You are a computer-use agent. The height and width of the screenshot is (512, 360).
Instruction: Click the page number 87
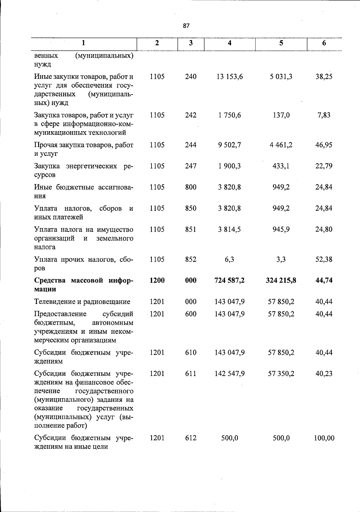pyautogui.click(x=186, y=26)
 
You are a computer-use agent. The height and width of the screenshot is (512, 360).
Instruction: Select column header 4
pyautogui.click(x=229, y=43)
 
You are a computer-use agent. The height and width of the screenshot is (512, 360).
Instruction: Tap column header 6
pyautogui.click(x=324, y=43)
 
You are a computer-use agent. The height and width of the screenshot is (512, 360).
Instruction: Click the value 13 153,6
pyautogui.click(x=229, y=77)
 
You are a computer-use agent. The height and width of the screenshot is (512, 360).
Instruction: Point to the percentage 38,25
pyautogui.click(x=324, y=77)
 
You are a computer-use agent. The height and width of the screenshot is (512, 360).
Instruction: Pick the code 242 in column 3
pyautogui.click(x=190, y=115)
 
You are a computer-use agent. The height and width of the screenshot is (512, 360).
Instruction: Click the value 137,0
pyautogui.click(x=281, y=115)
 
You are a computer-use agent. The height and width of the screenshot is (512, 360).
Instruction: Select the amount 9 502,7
pyautogui.click(x=229, y=145)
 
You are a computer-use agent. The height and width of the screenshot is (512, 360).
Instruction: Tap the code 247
pyautogui.click(x=190, y=166)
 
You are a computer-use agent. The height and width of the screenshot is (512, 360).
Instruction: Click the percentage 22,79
pyautogui.click(x=324, y=166)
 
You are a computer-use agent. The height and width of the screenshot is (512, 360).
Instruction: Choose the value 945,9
pyautogui.click(x=281, y=230)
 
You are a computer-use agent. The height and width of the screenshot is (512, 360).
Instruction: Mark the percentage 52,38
pyautogui.click(x=324, y=260)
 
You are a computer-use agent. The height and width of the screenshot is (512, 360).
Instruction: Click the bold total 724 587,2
pyautogui.click(x=229, y=281)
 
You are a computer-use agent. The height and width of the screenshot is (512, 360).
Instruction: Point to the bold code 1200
pyautogui.click(x=157, y=281)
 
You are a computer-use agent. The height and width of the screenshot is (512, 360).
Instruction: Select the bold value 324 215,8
pyautogui.click(x=281, y=281)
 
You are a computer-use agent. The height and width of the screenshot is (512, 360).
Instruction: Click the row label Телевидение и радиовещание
pyautogui.click(x=82, y=302)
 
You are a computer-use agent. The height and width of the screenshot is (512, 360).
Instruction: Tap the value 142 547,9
pyautogui.click(x=229, y=374)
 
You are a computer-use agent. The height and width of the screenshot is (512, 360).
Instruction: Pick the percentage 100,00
pyautogui.click(x=324, y=438)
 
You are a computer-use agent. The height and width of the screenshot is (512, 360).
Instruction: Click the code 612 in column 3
pyautogui.click(x=190, y=438)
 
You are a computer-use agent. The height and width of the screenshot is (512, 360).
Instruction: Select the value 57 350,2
pyautogui.click(x=281, y=374)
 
